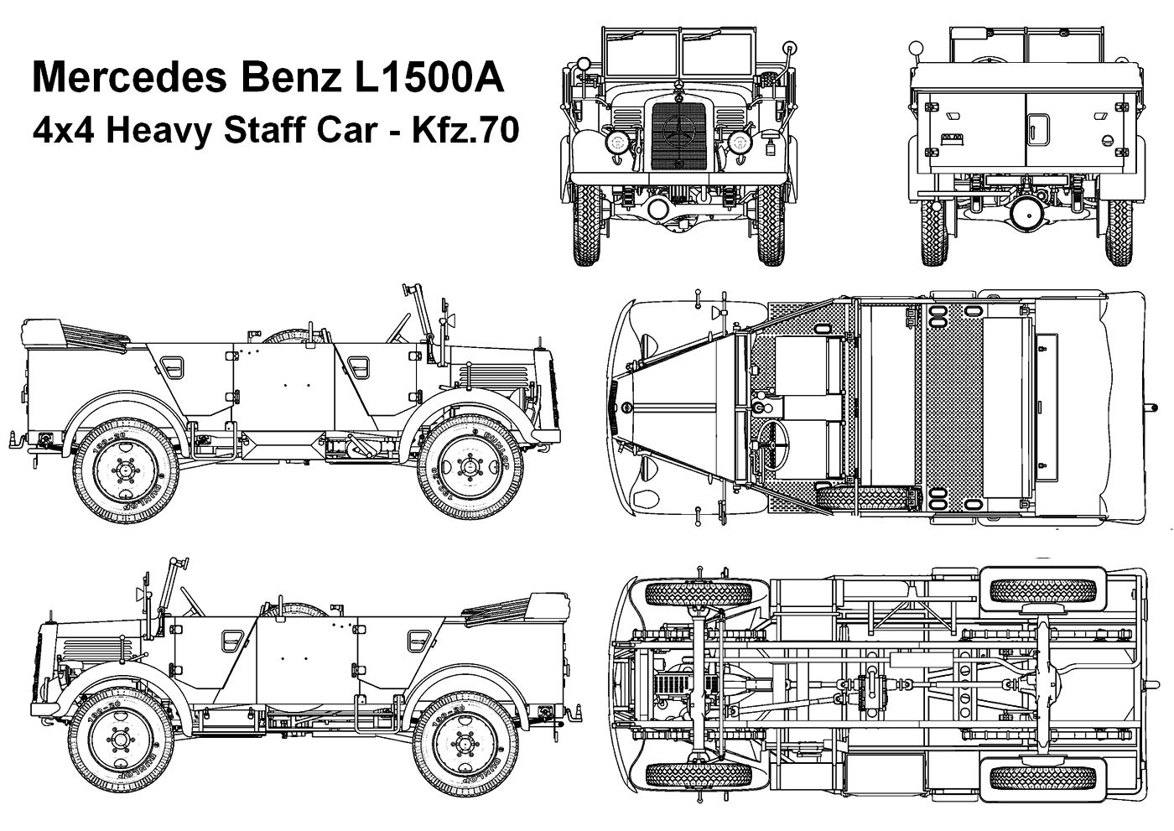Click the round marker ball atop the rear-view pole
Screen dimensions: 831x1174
pos(918,46)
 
